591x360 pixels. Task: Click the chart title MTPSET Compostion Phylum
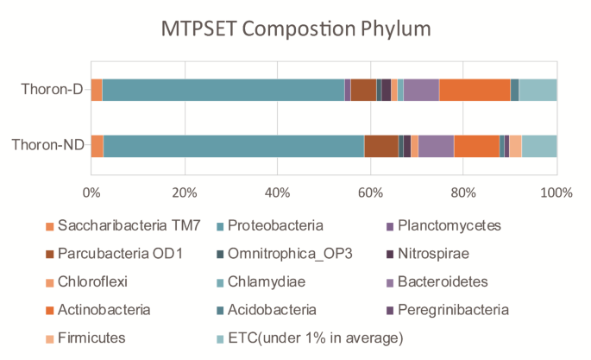pos(296,29)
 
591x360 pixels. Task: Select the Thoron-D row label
pos(53,90)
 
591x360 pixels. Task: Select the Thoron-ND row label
pos(48,146)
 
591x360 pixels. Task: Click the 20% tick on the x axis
pos(184,192)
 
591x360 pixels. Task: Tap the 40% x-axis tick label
pos(277,192)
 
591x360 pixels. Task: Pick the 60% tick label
pos(370,192)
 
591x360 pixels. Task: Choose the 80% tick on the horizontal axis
pos(463,192)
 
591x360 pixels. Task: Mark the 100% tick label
pos(556,192)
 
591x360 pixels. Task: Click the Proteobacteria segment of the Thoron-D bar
pos(223,90)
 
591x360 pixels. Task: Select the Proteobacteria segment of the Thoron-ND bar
pos(233,147)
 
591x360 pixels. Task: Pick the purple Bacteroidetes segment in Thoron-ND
pos(436,147)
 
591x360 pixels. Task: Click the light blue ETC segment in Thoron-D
pos(538,90)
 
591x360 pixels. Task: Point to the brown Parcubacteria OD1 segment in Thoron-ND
pos(380,147)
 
